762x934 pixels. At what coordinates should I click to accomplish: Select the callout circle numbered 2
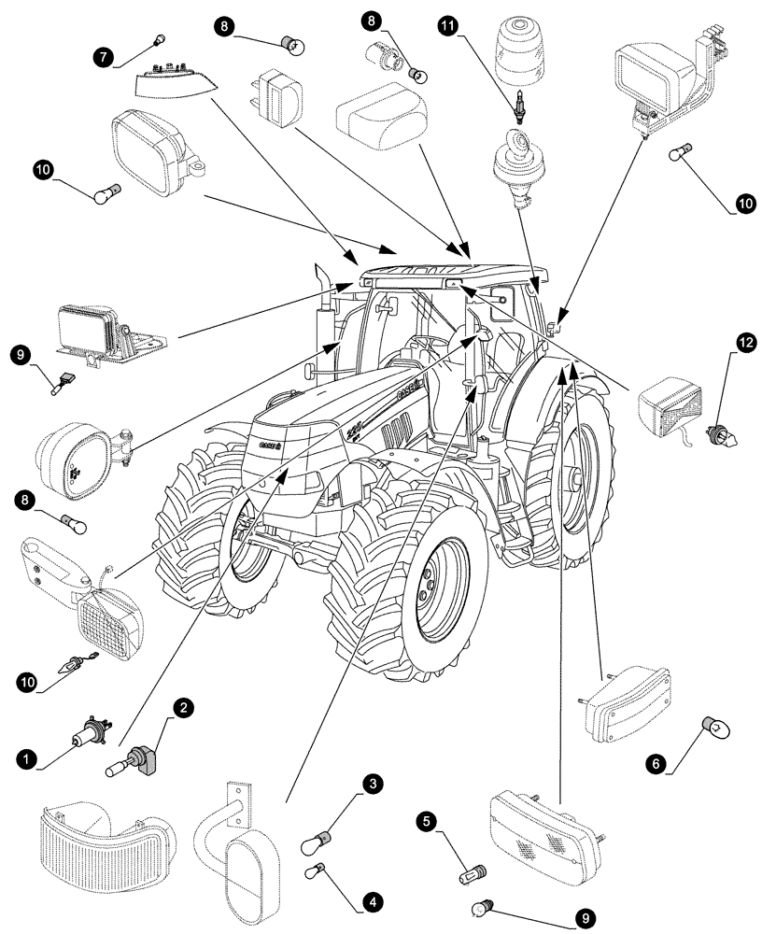click(x=185, y=708)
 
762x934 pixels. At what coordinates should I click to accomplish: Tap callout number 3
click(x=374, y=784)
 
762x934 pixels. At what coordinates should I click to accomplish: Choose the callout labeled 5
click(x=426, y=821)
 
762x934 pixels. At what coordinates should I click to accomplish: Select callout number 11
click(x=449, y=27)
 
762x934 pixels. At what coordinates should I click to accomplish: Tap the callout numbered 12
click(x=744, y=344)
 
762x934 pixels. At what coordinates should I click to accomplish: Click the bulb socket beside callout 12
click(x=722, y=431)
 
